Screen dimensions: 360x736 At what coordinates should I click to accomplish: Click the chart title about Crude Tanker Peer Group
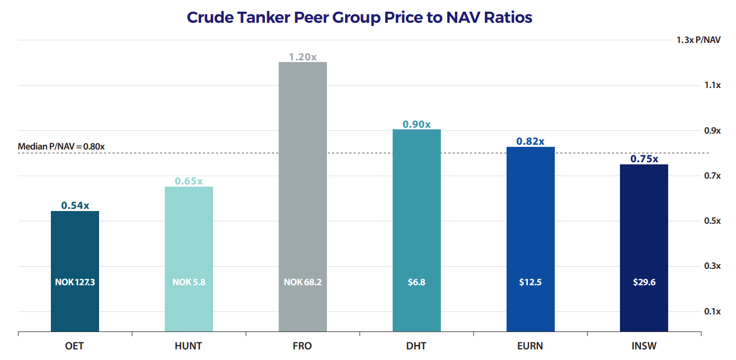point(359,17)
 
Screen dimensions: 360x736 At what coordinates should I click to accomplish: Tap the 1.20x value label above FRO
point(303,57)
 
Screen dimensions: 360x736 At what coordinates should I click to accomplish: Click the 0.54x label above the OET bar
point(75,205)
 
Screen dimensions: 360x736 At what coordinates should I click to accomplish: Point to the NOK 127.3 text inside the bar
point(75,282)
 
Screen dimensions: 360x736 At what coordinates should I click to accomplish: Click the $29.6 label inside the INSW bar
point(644,282)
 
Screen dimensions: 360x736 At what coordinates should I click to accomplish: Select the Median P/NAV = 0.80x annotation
point(61,146)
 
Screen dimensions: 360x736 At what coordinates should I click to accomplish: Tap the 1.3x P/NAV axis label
point(698,40)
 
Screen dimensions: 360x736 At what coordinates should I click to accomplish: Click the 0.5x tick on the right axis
point(712,221)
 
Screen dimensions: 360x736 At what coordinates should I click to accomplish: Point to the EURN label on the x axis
point(530,346)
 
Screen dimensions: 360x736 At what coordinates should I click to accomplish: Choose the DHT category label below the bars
point(416,346)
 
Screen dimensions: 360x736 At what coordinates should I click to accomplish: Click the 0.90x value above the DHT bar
point(416,125)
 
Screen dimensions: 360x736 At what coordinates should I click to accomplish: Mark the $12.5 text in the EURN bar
point(530,282)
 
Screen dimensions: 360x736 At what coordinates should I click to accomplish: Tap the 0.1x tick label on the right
point(712,311)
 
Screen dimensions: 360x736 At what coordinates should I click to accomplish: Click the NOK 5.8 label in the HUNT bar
point(189,282)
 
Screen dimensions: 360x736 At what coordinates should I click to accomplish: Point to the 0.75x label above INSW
point(644,159)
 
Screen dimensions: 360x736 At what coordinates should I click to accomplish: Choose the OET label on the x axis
point(75,346)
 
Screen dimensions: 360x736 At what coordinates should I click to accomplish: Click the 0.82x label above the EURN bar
point(530,142)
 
